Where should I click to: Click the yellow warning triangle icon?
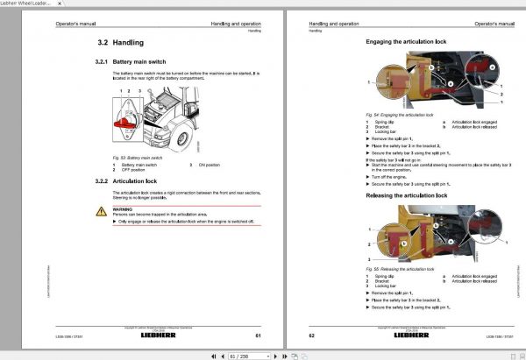point(101,211)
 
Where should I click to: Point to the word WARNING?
point(122,209)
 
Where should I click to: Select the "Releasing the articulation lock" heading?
point(410,194)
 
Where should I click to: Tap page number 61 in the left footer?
point(259,335)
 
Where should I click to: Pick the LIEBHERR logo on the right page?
point(411,335)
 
